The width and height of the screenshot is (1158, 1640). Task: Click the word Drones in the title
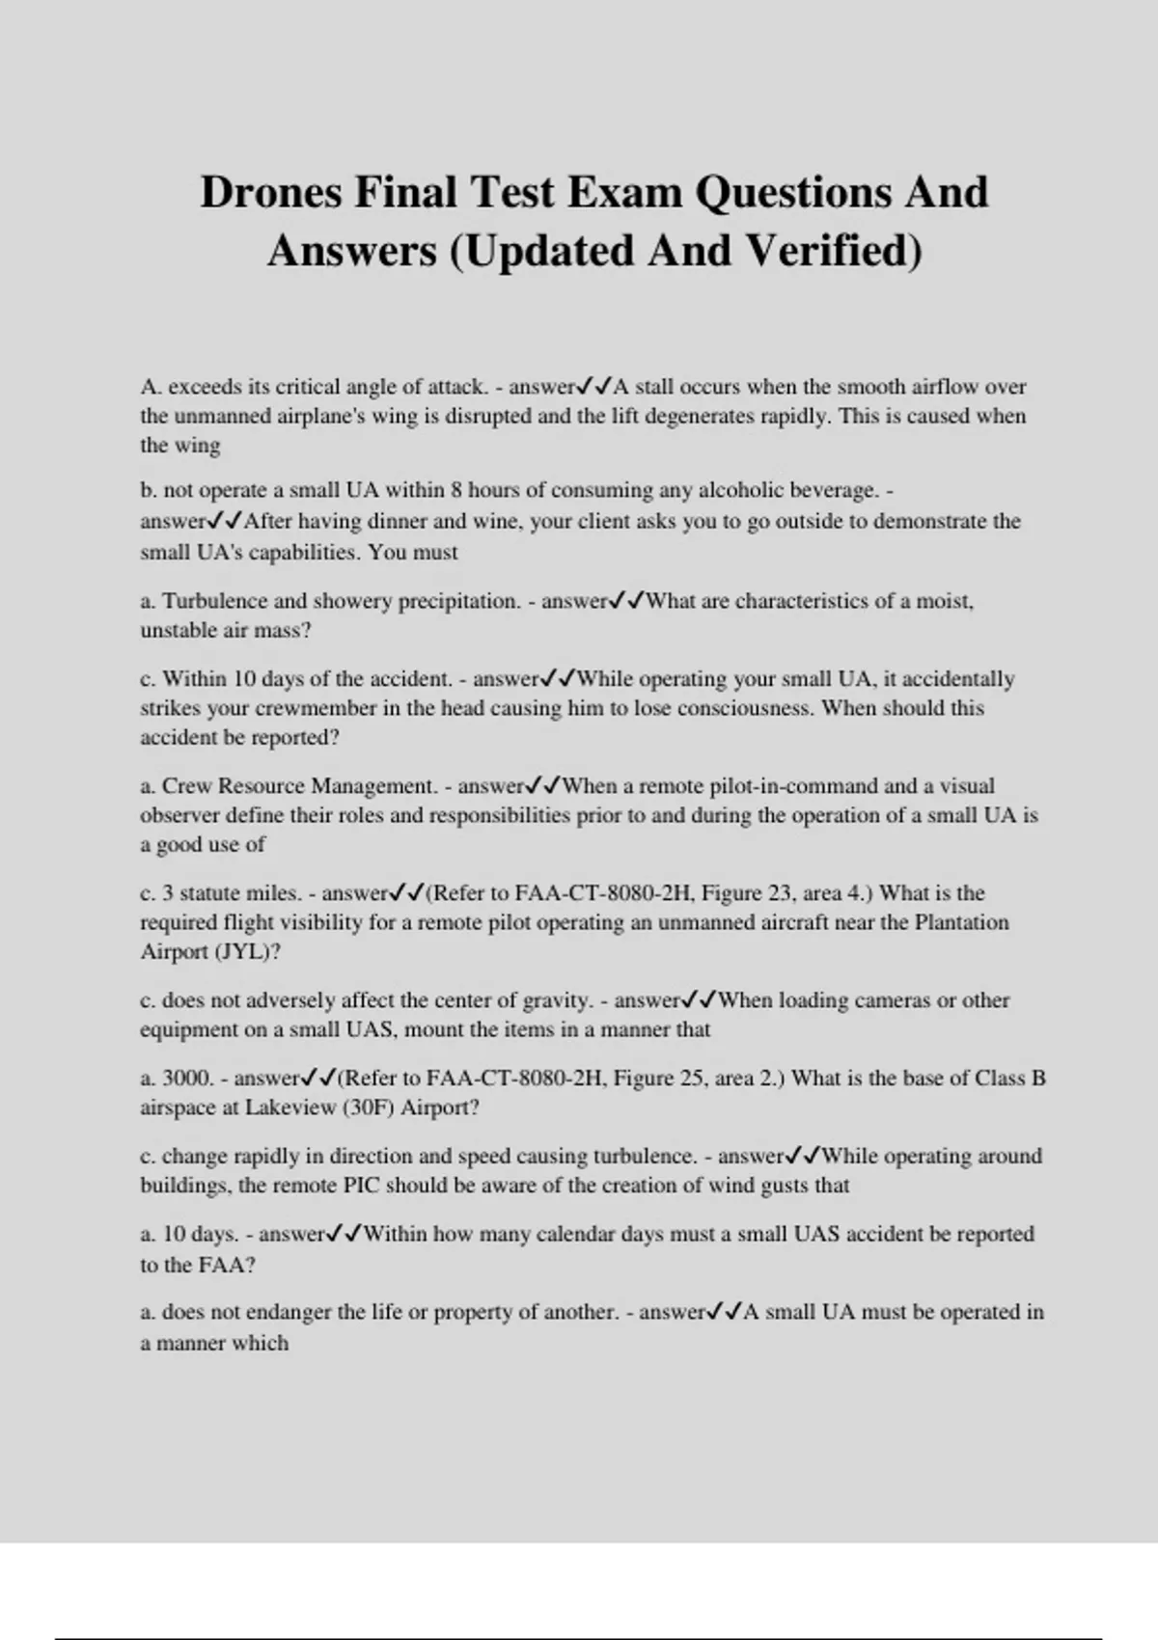click(x=271, y=193)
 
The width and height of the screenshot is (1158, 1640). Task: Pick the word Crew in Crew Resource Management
click(x=185, y=786)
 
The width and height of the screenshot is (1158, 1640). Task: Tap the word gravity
click(x=556, y=1000)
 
